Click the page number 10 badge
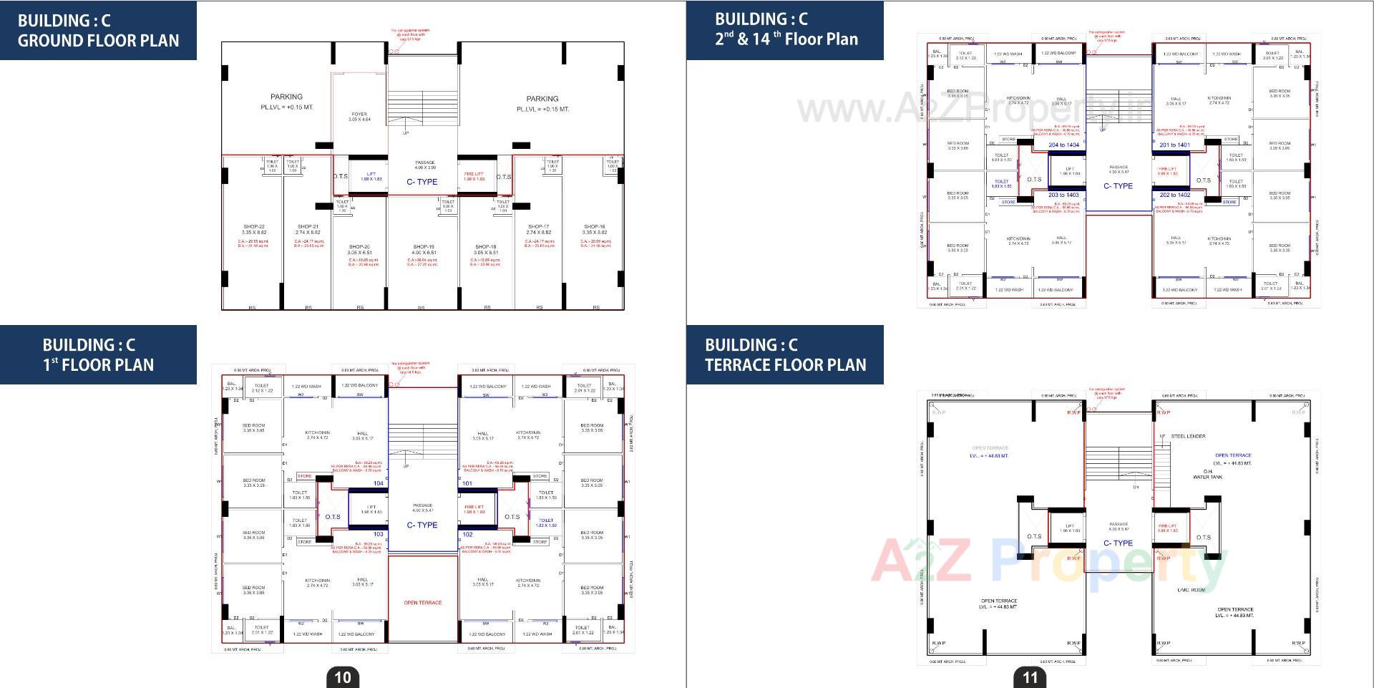click(x=343, y=677)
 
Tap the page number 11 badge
click(x=1030, y=677)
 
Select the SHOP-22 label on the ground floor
click(x=254, y=227)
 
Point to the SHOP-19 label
click(x=424, y=247)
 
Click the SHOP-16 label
click(x=595, y=227)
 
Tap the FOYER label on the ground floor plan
click(x=359, y=115)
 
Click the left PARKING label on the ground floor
click(x=286, y=97)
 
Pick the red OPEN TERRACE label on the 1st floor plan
click(x=423, y=603)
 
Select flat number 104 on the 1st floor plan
click(x=379, y=483)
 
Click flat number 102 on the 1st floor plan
click(x=467, y=534)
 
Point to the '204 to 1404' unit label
click(x=1063, y=145)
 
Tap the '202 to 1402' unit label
click(x=1175, y=195)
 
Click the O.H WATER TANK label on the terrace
click(x=1207, y=474)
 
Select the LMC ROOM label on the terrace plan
click(x=1192, y=590)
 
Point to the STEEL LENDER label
click(x=1188, y=436)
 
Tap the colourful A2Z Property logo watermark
click(x=1048, y=562)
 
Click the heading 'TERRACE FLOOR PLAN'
click(x=785, y=364)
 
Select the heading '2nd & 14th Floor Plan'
click(x=786, y=39)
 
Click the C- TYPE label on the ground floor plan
click(x=422, y=182)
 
